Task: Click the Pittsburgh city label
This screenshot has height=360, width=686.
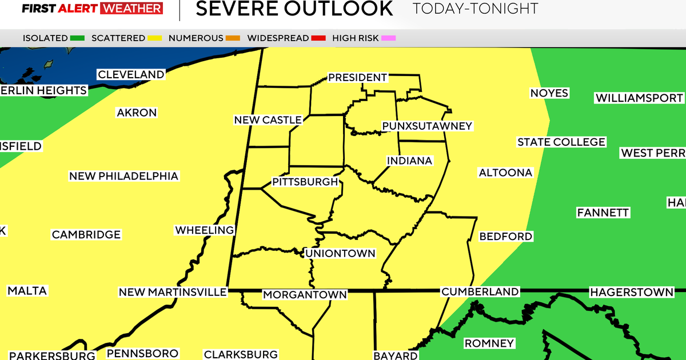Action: [x=305, y=182]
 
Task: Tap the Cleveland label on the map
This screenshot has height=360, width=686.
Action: [x=131, y=74]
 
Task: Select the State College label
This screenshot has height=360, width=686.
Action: [x=561, y=142]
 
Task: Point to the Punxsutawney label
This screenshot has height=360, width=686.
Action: [x=427, y=126]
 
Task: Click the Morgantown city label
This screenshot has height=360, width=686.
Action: [x=305, y=295]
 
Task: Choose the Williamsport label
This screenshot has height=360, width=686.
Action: [x=639, y=98]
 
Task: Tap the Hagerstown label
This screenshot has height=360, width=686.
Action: [x=632, y=292]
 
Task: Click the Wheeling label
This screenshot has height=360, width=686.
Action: [x=205, y=230]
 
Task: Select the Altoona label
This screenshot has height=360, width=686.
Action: [x=505, y=172]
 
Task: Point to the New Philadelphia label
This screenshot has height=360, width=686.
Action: [x=123, y=176]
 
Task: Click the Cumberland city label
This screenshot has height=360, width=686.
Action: [x=480, y=291]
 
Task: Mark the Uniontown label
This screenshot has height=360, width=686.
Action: [x=341, y=253]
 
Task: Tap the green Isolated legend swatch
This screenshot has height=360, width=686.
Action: [x=78, y=38]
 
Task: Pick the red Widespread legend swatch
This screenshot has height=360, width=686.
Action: [x=318, y=38]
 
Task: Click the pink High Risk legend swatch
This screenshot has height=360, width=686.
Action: [x=388, y=38]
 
